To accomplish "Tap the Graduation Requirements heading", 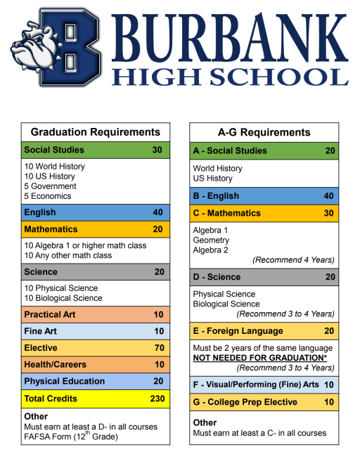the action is (96, 132).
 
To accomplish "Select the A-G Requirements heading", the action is (264, 132).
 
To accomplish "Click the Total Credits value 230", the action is (157, 399).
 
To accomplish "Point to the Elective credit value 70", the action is (159, 348).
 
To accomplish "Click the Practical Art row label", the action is (51, 314).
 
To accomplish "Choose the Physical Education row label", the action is (64, 382).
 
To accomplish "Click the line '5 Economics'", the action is (48, 196).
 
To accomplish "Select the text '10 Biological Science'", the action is (63, 298).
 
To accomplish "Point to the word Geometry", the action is (211, 240).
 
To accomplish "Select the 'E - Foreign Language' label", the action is (238, 331).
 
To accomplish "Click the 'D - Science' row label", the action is (217, 277).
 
